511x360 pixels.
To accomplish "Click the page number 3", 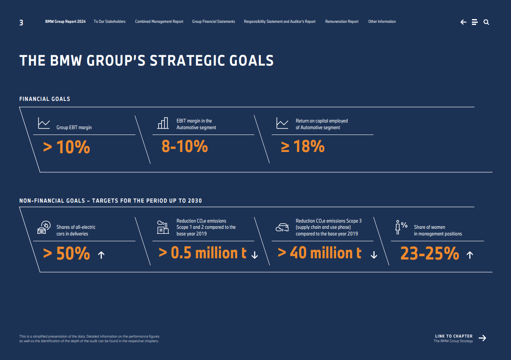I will tap(21, 23).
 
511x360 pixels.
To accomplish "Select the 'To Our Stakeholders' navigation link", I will tap(109, 22).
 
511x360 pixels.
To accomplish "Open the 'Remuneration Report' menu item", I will tap(341, 22).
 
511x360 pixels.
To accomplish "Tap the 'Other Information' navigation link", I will tap(382, 22).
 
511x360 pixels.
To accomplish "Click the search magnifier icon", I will tap(486, 22).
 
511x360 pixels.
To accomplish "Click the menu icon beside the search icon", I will tap(475, 22).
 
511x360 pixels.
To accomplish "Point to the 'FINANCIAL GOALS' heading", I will tap(44, 99).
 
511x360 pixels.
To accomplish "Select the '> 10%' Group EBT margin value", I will tap(66, 147).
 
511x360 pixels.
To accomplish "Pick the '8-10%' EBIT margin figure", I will tap(184, 146).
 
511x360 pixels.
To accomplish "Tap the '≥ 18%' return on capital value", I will tap(303, 146).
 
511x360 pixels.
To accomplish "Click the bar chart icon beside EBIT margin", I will tap(163, 123).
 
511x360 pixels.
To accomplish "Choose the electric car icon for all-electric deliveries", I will tap(43, 228).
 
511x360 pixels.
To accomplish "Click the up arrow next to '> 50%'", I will tap(101, 255).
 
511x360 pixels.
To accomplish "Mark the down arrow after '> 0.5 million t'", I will tap(255, 255).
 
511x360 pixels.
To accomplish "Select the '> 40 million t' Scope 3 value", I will tap(319, 253).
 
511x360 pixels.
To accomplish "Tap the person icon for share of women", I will tap(398, 228).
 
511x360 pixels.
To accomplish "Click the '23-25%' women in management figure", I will tap(430, 253).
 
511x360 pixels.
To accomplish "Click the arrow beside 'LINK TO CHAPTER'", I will tap(482, 338).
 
